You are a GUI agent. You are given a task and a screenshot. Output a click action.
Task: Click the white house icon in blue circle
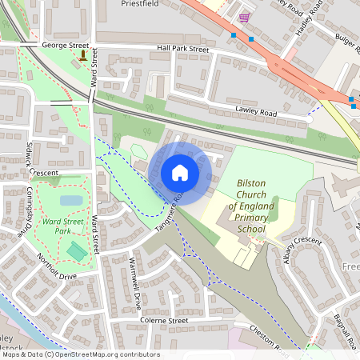tap(180, 172)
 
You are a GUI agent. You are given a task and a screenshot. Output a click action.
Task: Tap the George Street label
tap(64, 46)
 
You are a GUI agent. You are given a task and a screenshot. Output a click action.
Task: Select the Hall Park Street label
tap(183, 49)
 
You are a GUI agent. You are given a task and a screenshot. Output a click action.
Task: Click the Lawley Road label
tap(256, 114)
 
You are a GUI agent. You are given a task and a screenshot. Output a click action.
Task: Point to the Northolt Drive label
tap(56, 267)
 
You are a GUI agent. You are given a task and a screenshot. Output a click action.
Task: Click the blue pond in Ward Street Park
tap(70, 200)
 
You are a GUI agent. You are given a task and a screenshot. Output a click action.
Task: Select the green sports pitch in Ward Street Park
tap(77, 250)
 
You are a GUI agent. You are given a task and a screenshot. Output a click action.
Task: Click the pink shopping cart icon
tap(243, 18)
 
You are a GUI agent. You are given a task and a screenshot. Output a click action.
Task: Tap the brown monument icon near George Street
tap(83, 55)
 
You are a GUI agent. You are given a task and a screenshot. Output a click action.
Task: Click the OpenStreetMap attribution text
tap(80, 354)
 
